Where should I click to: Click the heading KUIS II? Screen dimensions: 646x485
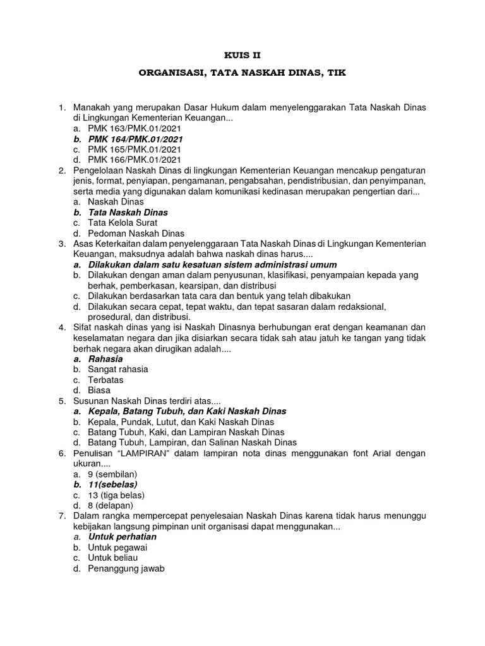coord(242,55)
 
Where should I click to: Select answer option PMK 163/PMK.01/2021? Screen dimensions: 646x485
coord(135,128)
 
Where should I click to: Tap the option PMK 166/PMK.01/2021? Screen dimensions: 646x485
coord(135,160)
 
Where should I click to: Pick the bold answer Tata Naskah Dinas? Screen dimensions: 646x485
coord(128,213)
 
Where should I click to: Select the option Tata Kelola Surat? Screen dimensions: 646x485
coord(123,223)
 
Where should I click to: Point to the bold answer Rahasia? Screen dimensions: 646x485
coord(105,359)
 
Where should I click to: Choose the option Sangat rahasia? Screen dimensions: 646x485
coord(118,370)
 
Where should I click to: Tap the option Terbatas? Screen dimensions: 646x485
coord(105,380)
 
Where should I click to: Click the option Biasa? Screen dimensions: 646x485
coord(99,391)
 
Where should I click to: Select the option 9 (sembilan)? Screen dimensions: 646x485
coord(112,474)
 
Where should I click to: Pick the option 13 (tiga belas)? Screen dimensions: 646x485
coord(117,495)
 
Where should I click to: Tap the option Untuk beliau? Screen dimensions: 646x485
coord(112,558)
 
